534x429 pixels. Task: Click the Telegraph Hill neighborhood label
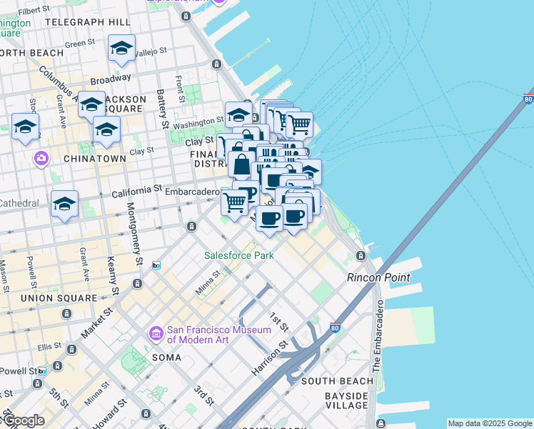tap(87, 22)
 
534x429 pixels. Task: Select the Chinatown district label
tap(95, 158)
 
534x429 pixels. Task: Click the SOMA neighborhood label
tap(168, 357)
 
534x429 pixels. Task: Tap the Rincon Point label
tap(378, 277)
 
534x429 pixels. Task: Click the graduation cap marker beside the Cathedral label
tap(64, 204)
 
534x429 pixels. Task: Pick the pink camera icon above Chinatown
tap(41, 157)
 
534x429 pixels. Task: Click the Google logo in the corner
tap(24, 421)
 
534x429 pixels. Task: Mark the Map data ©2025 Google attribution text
tap(490, 423)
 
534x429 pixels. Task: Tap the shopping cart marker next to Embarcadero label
tap(234, 202)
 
